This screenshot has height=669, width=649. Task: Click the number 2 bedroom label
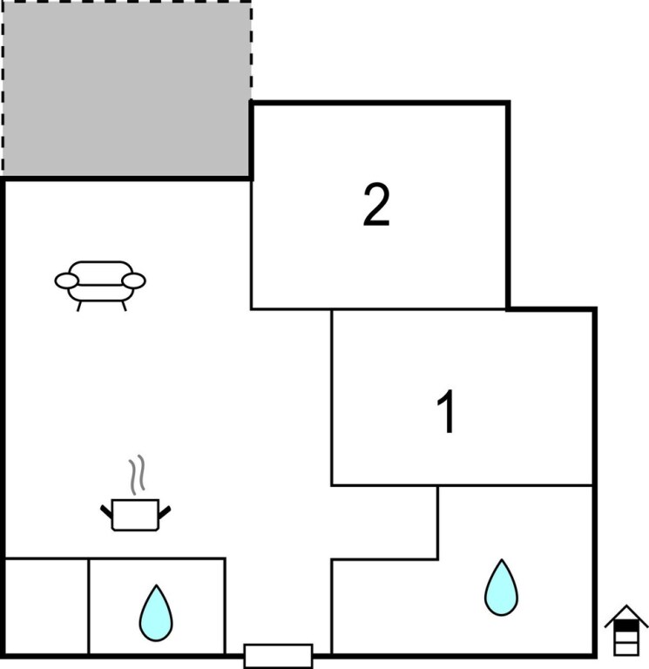pyautogui.click(x=376, y=205)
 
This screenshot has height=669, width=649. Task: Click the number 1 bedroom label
pyautogui.click(x=446, y=411)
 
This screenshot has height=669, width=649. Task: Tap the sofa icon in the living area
pyautogui.click(x=100, y=285)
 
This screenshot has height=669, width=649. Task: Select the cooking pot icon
pyautogui.click(x=135, y=515)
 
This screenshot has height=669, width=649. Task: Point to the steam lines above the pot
pyautogui.click(x=138, y=475)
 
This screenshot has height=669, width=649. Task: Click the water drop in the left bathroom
pyautogui.click(x=156, y=613)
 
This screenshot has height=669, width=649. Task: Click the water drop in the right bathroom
pyautogui.click(x=502, y=587)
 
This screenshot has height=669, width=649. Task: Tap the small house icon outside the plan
pyautogui.click(x=626, y=630)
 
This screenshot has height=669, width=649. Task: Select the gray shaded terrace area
pyautogui.click(x=126, y=89)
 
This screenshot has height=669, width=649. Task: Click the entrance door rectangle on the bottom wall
pyautogui.click(x=278, y=656)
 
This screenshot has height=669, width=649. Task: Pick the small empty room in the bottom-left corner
pyautogui.click(x=46, y=606)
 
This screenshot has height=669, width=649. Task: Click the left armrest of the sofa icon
pyautogui.click(x=66, y=280)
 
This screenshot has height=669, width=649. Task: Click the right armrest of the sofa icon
pyautogui.click(x=133, y=280)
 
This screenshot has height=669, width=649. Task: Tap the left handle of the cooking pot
pyautogui.click(x=106, y=511)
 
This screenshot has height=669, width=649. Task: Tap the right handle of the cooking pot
pyautogui.click(x=165, y=512)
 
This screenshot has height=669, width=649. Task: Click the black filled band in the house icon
pyautogui.click(x=626, y=626)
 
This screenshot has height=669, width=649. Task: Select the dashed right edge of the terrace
pyautogui.click(x=251, y=51)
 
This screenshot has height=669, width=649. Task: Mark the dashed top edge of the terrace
pyautogui.click(x=126, y=2)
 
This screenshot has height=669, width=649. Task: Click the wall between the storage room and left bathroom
pyautogui.click(x=89, y=606)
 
